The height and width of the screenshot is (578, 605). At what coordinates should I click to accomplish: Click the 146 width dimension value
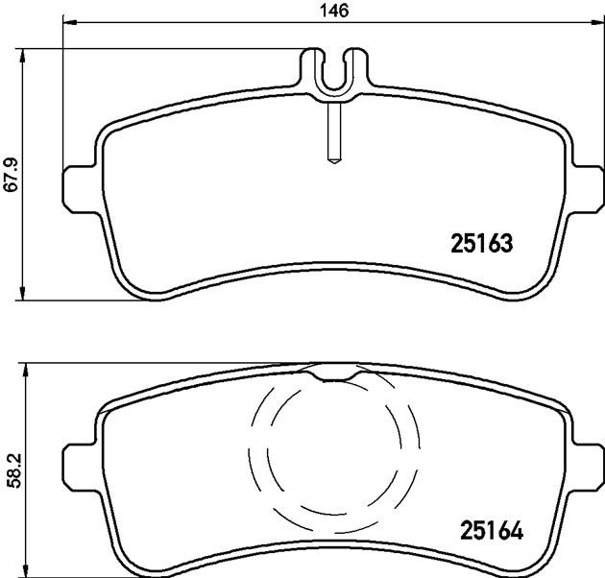click(x=334, y=11)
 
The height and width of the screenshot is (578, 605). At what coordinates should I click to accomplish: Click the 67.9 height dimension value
click(x=11, y=174)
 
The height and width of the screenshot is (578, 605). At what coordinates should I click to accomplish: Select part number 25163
click(x=482, y=243)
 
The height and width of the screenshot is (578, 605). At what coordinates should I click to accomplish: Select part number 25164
click(x=492, y=530)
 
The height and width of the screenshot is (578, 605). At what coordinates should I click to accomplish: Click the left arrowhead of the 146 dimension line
click(x=70, y=23)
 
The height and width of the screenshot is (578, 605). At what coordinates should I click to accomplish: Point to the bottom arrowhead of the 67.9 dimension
click(x=23, y=292)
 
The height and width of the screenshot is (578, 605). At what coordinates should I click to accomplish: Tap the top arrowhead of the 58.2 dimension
click(x=26, y=371)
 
